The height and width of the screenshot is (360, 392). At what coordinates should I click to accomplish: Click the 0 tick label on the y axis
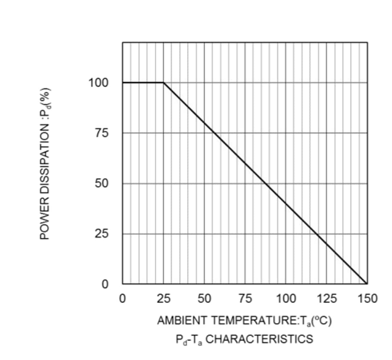point(105,284)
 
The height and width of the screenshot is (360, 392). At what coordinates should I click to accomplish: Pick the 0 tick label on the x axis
point(123,299)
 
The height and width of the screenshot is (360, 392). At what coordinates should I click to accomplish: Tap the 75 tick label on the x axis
point(245,299)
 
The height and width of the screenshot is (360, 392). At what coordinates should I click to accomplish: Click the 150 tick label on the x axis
point(367,299)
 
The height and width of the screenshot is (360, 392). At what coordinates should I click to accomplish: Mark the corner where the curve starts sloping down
point(164,83)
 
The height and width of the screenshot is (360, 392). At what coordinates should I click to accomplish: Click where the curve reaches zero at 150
point(367,284)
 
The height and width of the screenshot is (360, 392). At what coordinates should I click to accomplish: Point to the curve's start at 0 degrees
point(123,83)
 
